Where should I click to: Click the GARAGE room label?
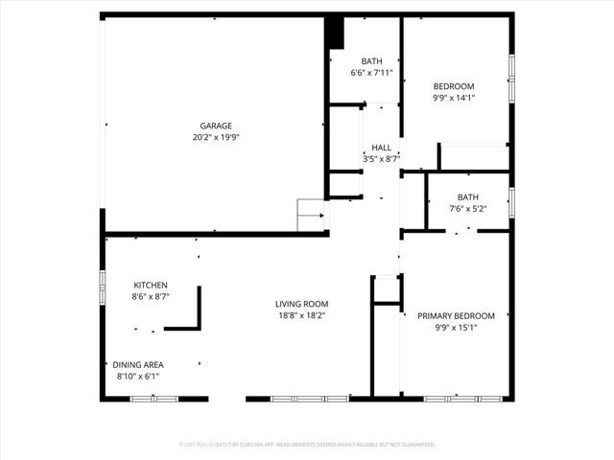pyautogui.click(x=215, y=126)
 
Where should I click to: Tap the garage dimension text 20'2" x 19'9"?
pyautogui.click(x=215, y=137)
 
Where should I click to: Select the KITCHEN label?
pyautogui.click(x=151, y=285)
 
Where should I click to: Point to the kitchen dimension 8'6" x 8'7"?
pyautogui.click(x=151, y=297)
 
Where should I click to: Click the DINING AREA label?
pyautogui.click(x=138, y=364)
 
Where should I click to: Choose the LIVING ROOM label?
pyautogui.click(x=302, y=304)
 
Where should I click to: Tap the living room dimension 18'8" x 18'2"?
pyautogui.click(x=302, y=315)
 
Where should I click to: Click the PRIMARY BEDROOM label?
pyautogui.click(x=456, y=315)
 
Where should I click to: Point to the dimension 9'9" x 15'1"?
pyautogui.click(x=456, y=328)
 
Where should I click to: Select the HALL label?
pyautogui.click(x=382, y=148)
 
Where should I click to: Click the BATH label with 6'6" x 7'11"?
pyautogui.click(x=371, y=61)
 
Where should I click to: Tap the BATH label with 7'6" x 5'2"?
pyautogui.click(x=468, y=197)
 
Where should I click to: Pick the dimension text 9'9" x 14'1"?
pyautogui.click(x=454, y=98)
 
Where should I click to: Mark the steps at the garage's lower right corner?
pyautogui.click(x=312, y=216)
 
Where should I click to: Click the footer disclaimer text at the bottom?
pyautogui.click(x=306, y=445)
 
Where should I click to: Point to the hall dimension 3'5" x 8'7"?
pyautogui.click(x=382, y=159)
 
